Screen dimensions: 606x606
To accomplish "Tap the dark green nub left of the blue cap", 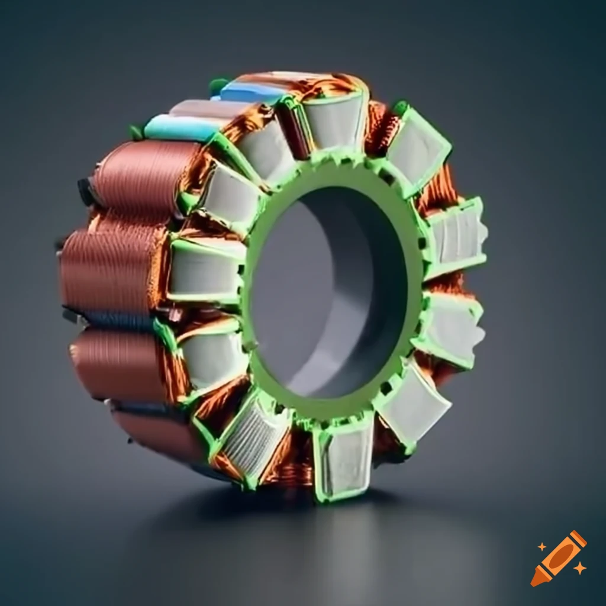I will pos(218,86).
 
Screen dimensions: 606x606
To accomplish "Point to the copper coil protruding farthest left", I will pos(107,266).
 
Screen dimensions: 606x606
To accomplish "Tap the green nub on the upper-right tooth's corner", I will pos(401,108).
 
